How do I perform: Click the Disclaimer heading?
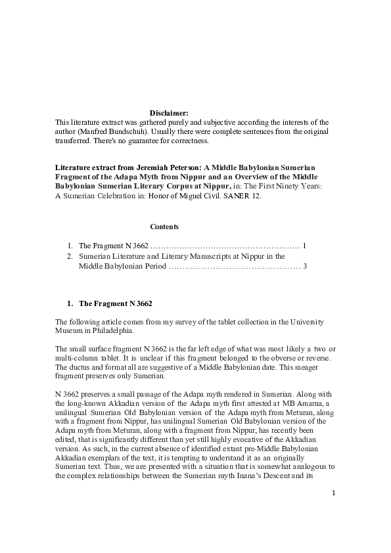[170, 113]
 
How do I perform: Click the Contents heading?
[164, 227]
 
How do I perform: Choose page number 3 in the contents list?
[306, 266]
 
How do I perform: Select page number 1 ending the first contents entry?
[305, 246]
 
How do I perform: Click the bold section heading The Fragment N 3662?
[116, 303]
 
